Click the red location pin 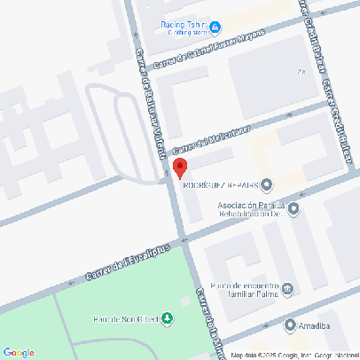coord(178,168)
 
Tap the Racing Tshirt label coord(184,25)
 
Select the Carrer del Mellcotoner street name coord(212,139)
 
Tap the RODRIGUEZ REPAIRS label coord(220,185)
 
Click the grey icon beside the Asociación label coord(293,209)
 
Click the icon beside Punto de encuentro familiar coord(287,288)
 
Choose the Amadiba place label coord(314,326)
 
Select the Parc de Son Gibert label coord(126,319)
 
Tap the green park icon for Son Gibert coord(168,318)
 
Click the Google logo coord(19,352)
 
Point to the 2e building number coord(301,72)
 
